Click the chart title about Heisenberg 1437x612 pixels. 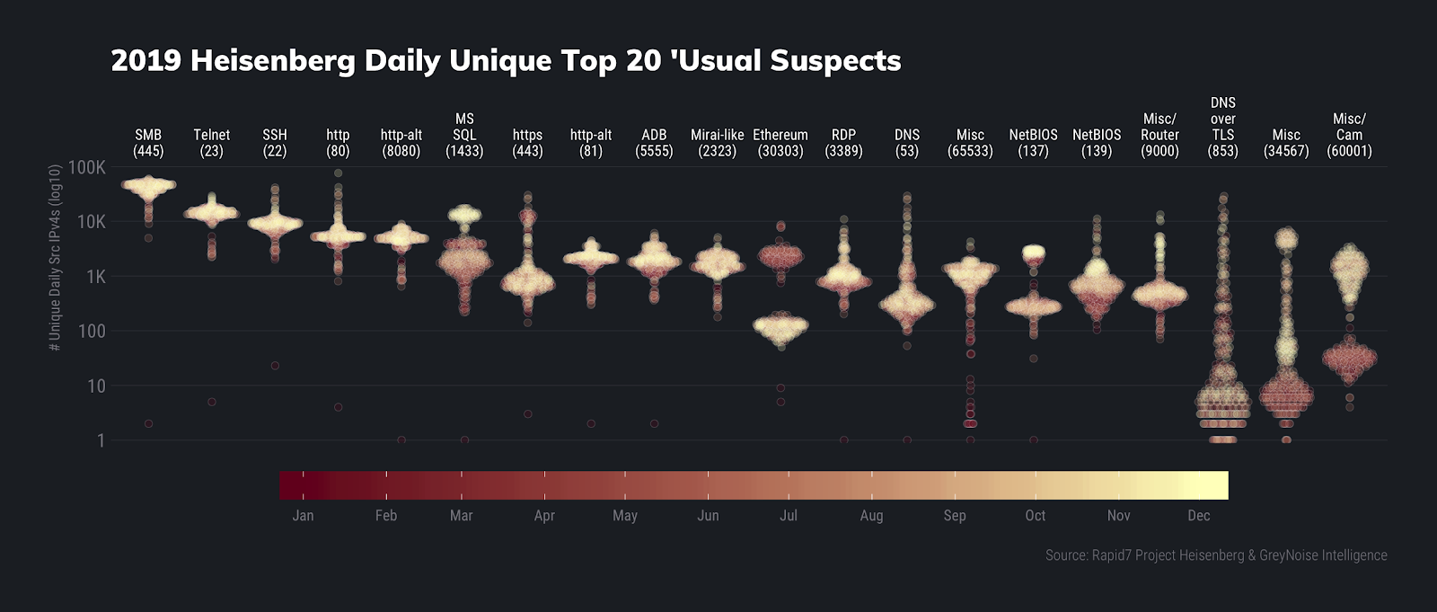point(506,60)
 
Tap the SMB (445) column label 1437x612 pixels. point(148,143)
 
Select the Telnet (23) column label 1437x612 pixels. point(211,143)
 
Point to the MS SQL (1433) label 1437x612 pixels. point(464,135)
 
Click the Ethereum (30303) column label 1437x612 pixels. point(780,143)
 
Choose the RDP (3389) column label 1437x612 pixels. point(843,143)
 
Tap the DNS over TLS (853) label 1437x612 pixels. point(1223,127)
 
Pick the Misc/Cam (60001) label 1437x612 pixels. point(1349,135)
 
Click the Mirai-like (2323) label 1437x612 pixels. point(718,143)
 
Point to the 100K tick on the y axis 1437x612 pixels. point(87,168)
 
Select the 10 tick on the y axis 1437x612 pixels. point(96,386)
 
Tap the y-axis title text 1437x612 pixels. point(56,257)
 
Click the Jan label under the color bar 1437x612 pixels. point(303,516)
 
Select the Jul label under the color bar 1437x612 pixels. point(788,516)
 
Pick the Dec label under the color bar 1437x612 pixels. point(1198,516)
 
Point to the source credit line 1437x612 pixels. point(1216,555)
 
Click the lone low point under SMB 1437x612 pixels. point(149,423)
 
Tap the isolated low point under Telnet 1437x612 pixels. point(212,402)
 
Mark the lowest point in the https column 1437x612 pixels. point(528,414)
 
